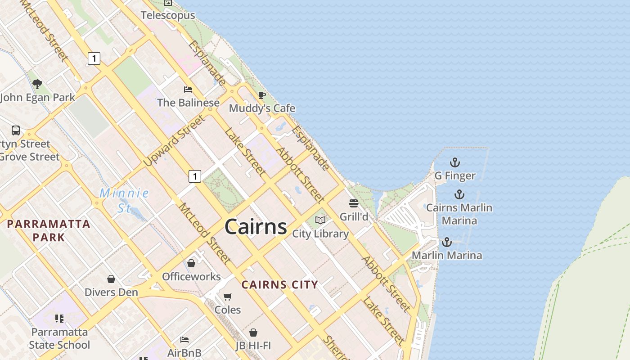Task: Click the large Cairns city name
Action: tap(256, 226)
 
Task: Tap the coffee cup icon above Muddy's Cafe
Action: tap(261, 95)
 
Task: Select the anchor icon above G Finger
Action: tap(455, 162)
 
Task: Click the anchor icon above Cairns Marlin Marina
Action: tap(459, 194)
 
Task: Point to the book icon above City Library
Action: tap(320, 220)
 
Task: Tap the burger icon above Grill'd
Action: tap(354, 203)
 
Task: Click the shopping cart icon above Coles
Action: tap(228, 297)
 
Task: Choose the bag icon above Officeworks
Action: tap(191, 263)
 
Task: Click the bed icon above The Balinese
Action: tap(188, 89)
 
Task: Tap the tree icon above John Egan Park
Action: tap(37, 83)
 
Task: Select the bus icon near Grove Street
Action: tap(16, 130)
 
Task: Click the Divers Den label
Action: tap(111, 292)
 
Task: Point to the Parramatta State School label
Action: tap(59, 338)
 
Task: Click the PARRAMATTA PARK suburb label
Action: tap(49, 230)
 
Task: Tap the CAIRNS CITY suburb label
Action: tap(280, 284)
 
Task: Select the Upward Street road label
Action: tap(174, 141)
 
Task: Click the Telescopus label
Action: tap(168, 15)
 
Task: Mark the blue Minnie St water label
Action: tap(124, 200)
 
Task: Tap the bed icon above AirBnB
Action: tap(184, 339)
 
